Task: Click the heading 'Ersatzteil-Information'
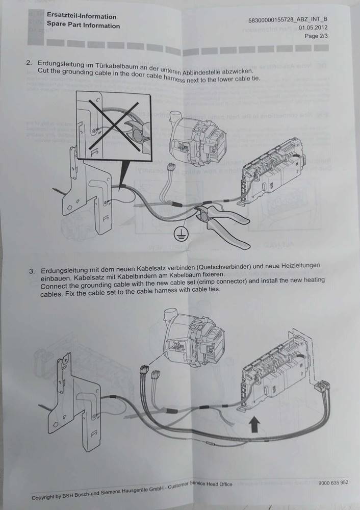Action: (x=81, y=16)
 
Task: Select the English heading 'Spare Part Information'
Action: (x=83, y=25)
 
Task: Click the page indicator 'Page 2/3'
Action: (x=316, y=36)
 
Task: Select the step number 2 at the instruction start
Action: (x=29, y=63)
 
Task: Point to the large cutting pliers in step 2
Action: (x=224, y=222)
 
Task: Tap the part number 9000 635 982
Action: (x=333, y=483)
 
